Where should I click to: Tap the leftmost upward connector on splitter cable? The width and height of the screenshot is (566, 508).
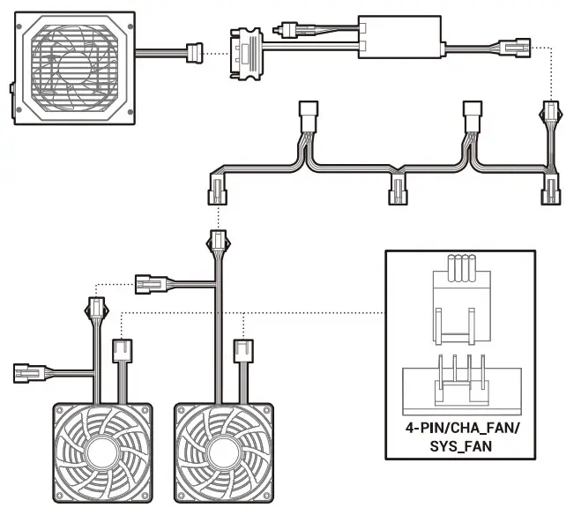pos(309,114)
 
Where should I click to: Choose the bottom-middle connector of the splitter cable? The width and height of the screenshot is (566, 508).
pos(398,188)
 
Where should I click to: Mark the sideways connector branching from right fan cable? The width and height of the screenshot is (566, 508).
pos(148,283)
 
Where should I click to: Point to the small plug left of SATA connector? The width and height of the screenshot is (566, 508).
pos(286,29)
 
